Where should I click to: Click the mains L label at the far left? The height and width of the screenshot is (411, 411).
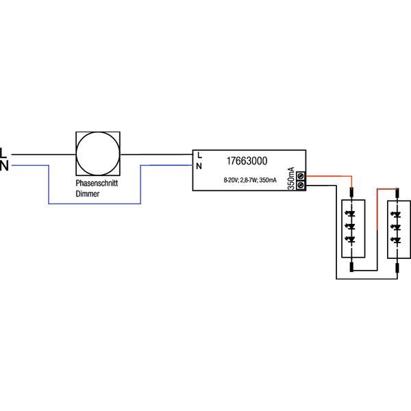tap(4, 151)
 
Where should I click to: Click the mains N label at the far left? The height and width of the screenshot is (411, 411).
tap(4, 165)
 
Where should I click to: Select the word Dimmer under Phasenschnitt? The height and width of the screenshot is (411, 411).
tap(87, 195)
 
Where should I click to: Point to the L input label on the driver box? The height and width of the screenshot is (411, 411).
tap(199, 155)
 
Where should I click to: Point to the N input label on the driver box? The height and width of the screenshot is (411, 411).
tap(199, 166)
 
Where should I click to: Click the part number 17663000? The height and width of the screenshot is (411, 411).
tap(246, 162)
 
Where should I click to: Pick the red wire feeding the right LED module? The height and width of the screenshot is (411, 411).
tap(387, 188)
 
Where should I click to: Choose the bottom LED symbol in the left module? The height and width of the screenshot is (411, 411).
tap(352, 239)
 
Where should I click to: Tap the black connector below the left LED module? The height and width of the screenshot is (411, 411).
tap(352, 266)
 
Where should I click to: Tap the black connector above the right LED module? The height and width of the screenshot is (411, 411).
tap(398, 194)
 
